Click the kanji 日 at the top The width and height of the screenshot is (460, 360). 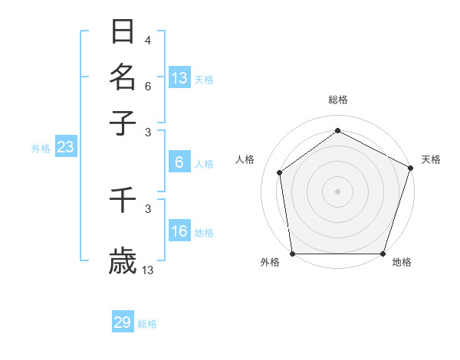pyautogui.click(x=123, y=31)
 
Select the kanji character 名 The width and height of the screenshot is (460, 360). pyautogui.click(x=123, y=77)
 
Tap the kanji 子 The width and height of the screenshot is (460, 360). pyautogui.click(x=123, y=123)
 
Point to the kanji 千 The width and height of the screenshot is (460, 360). pyautogui.click(x=123, y=201)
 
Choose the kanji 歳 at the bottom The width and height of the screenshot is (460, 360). pyautogui.click(x=123, y=262)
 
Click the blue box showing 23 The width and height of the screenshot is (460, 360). pyautogui.click(x=65, y=148)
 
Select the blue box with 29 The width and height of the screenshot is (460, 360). pyautogui.click(x=123, y=322)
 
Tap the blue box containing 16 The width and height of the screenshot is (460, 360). pyautogui.click(x=179, y=231)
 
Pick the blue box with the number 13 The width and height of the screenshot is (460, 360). pyautogui.click(x=179, y=78)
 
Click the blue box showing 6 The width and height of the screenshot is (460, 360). pyautogui.click(x=179, y=162)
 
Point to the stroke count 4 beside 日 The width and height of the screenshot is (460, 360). pyautogui.click(x=148, y=40)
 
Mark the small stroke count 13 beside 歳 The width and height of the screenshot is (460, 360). pyautogui.click(x=148, y=270)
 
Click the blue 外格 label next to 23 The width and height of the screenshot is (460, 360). pyautogui.click(x=41, y=149)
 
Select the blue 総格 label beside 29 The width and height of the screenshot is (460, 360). pyautogui.click(x=147, y=324)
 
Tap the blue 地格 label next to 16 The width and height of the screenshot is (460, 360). pyautogui.click(x=204, y=233)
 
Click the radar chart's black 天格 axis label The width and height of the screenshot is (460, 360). pyautogui.click(x=431, y=159)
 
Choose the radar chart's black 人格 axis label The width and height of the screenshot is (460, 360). pyautogui.click(x=245, y=159)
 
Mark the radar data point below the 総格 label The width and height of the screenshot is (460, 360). pyautogui.click(x=337, y=130)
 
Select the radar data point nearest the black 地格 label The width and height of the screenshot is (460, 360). pyautogui.click(x=383, y=253)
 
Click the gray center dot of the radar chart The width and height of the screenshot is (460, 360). pyautogui.click(x=337, y=191)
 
